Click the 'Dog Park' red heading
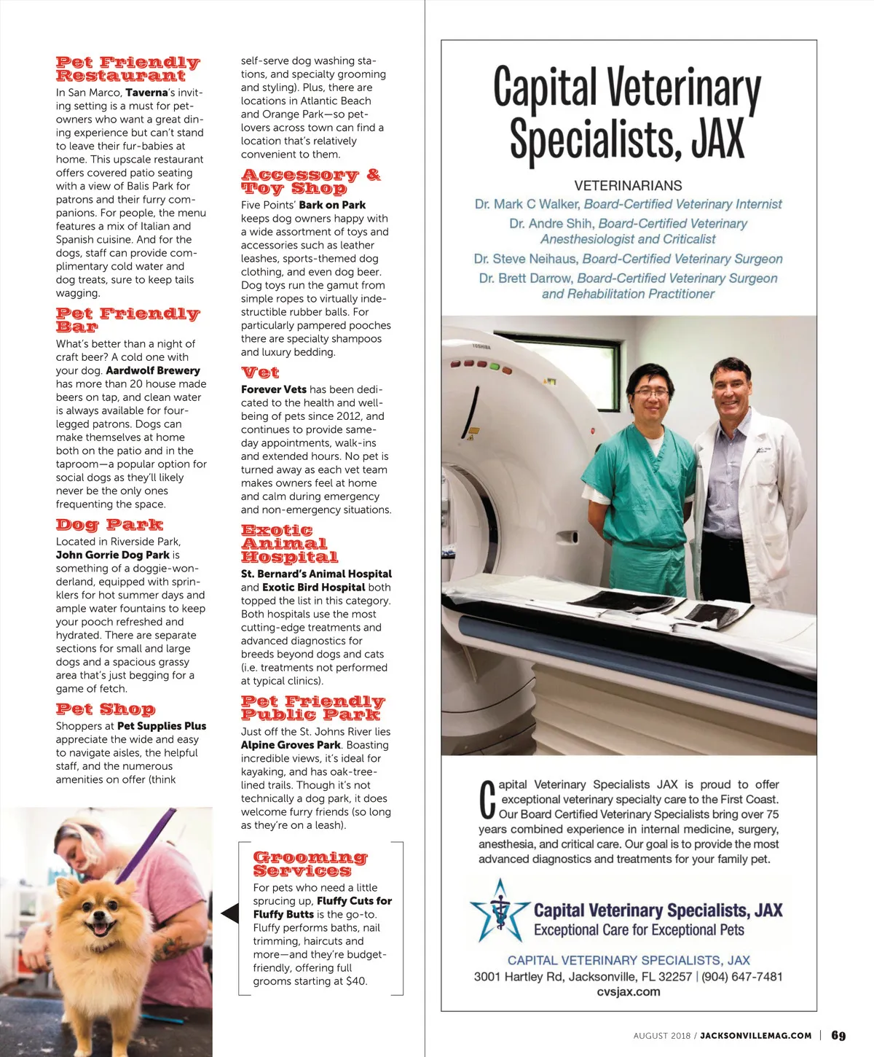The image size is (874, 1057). pyautogui.click(x=109, y=525)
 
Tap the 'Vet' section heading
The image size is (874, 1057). pyautogui.click(x=260, y=373)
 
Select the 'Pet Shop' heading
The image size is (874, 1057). pyautogui.click(x=106, y=709)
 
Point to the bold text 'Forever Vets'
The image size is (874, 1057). pyautogui.click(x=274, y=389)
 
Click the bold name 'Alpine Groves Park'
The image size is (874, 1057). pyautogui.click(x=291, y=745)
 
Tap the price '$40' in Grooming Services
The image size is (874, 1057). pyautogui.click(x=355, y=981)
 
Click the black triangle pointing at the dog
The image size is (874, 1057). pyautogui.click(x=230, y=913)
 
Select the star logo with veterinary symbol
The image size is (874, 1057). pyautogui.click(x=500, y=911)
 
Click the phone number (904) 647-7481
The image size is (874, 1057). pyautogui.click(x=742, y=977)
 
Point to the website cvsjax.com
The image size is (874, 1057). pyautogui.click(x=628, y=991)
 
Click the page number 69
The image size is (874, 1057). pyautogui.click(x=838, y=1036)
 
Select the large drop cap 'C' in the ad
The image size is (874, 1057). pyautogui.click(x=488, y=799)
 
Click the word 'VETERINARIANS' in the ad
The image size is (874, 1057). pyautogui.click(x=628, y=186)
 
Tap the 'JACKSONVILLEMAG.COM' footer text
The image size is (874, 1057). pyautogui.click(x=755, y=1036)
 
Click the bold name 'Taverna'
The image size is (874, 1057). pyautogui.click(x=146, y=93)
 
